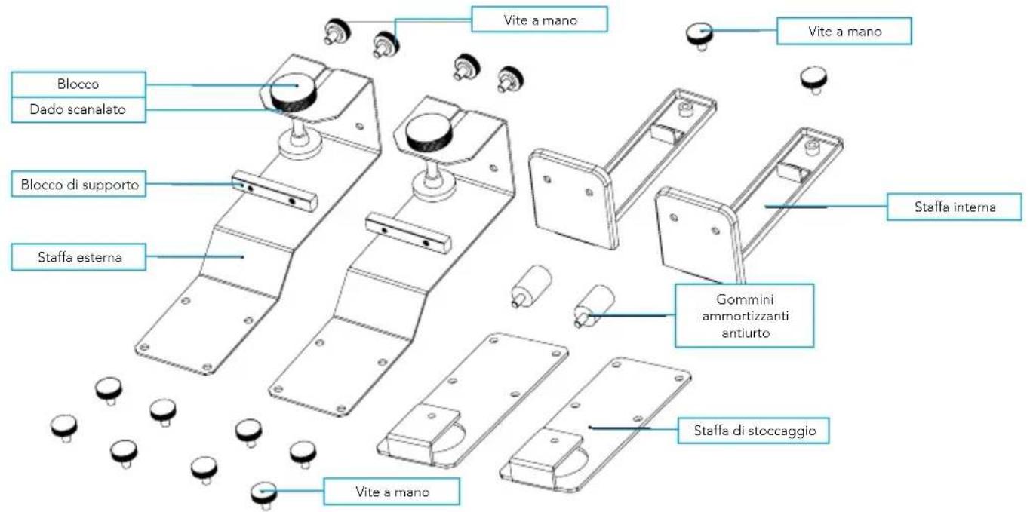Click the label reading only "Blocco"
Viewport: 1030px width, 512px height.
pyautogui.click(x=78, y=84)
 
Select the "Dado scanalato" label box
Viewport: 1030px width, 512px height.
pyautogui.click(x=78, y=109)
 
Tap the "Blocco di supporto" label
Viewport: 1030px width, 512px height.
pyautogui.click(x=78, y=184)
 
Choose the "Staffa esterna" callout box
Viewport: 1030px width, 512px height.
pyautogui.click(x=78, y=257)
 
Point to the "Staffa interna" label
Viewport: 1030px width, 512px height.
pyautogui.click(x=955, y=207)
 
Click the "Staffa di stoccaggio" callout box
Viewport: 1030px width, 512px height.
pyautogui.click(x=754, y=431)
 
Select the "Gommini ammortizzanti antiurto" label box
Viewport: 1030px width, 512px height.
pyautogui.click(x=745, y=316)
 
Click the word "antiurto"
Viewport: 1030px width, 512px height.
pyautogui.click(x=746, y=333)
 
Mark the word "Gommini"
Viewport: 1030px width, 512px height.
pyautogui.click(x=745, y=299)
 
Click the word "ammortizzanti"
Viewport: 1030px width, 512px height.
pyautogui.click(x=746, y=316)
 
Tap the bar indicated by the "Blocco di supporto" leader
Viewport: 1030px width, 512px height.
pyautogui.click(x=275, y=191)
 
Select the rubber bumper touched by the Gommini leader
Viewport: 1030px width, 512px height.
pyautogui.click(x=595, y=304)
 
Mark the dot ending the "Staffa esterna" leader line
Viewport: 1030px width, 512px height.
pyautogui.click(x=243, y=257)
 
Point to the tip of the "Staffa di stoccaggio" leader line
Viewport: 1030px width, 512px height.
pyautogui.click(x=590, y=428)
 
